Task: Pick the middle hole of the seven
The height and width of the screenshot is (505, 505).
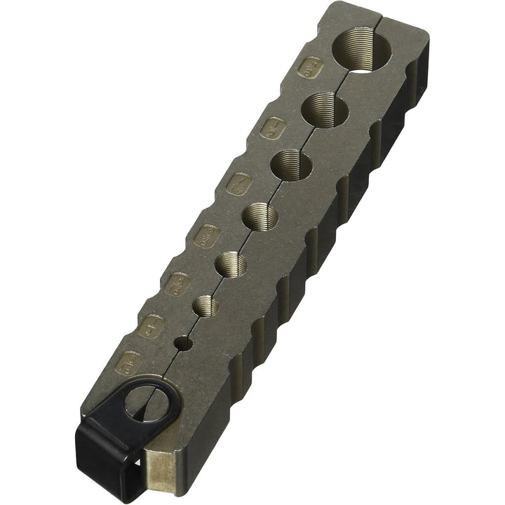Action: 260,216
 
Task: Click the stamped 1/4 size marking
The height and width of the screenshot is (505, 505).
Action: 152,325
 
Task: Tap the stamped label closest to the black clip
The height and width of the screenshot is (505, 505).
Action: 130,363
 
